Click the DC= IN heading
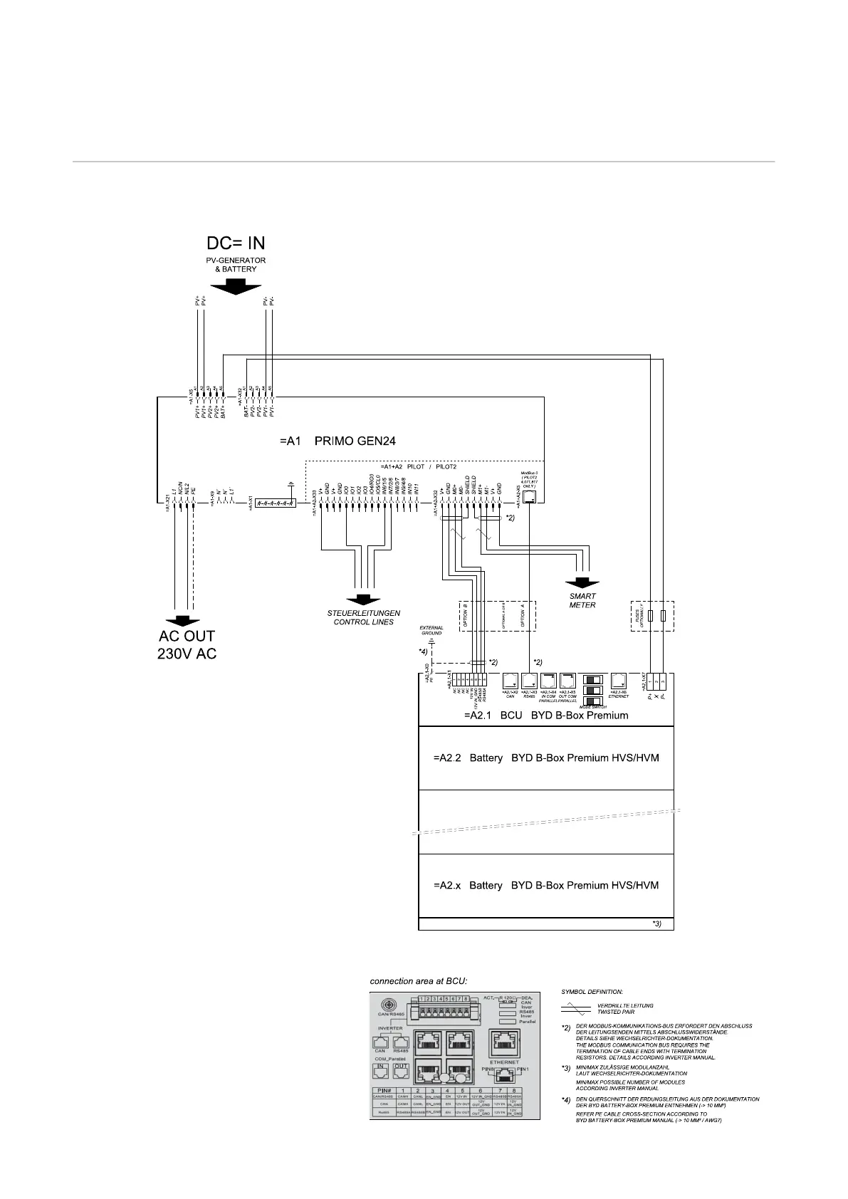point(236,243)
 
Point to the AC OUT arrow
point(183,620)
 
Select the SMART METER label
point(582,600)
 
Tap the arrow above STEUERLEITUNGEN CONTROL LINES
point(363,600)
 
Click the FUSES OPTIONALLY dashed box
point(652,615)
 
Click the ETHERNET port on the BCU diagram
point(618,681)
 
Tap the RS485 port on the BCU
point(529,681)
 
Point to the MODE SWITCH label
point(592,707)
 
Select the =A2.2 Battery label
point(545,758)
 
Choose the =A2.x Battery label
point(545,885)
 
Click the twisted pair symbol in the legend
point(575,1008)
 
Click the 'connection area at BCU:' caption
point(418,980)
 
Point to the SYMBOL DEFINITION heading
point(592,991)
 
